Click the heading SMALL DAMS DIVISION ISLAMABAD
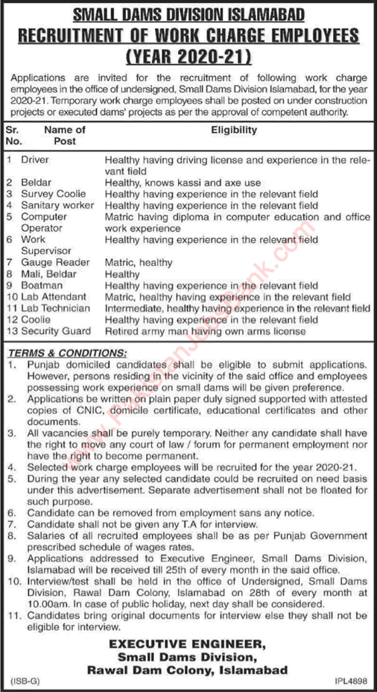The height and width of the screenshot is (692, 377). point(188,13)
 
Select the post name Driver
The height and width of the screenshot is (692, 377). point(35,160)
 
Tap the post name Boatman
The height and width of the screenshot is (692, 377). point(41,285)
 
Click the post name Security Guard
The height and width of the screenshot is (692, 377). point(58,330)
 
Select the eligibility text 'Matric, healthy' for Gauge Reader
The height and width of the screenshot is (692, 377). point(139,262)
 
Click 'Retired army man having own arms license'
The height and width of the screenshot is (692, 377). point(206,330)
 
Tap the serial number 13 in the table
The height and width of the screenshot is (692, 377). point(11,330)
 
